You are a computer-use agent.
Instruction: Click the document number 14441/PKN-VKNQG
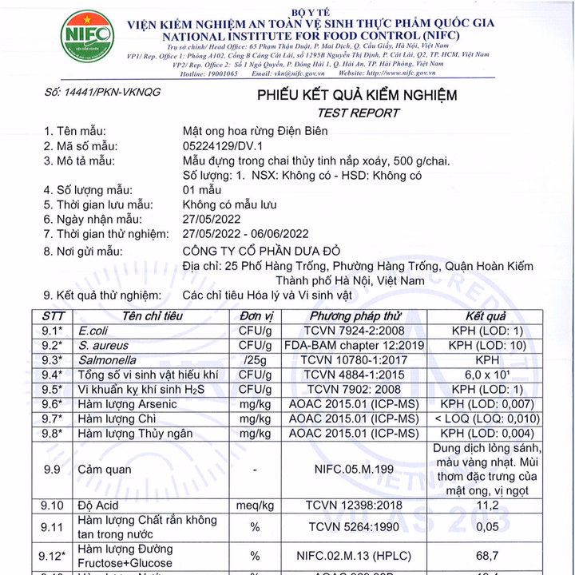102,93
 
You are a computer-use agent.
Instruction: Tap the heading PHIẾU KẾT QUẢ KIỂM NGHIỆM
356,96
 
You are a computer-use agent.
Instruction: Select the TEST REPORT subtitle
356,113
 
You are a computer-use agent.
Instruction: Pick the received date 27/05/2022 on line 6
212,219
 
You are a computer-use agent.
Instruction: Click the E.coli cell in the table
83,331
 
